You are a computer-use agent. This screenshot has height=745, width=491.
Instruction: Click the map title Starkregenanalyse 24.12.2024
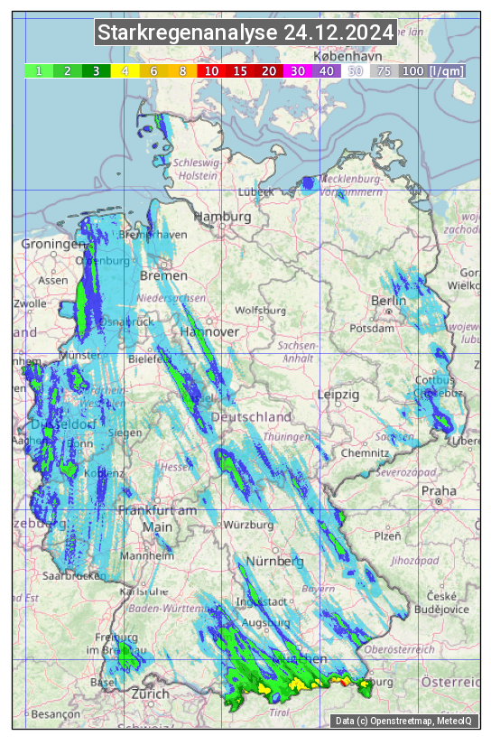tap(245, 33)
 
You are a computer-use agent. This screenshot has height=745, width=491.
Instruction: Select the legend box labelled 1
tap(39, 70)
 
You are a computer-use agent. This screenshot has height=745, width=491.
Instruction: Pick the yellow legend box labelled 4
tap(125, 70)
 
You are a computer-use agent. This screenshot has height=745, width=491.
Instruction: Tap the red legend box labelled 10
tap(211, 70)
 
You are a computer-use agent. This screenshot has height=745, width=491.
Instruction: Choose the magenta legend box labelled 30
tap(297, 70)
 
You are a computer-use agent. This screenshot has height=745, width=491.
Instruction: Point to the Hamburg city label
tap(222, 218)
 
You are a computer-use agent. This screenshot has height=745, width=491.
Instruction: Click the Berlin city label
tap(389, 301)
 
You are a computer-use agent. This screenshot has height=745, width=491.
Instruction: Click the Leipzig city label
tap(338, 395)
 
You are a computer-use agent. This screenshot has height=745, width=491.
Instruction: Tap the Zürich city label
tap(149, 694)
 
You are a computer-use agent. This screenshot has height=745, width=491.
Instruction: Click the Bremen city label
tap(164, 275)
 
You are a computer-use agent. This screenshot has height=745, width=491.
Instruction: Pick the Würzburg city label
tap(248, 525)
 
